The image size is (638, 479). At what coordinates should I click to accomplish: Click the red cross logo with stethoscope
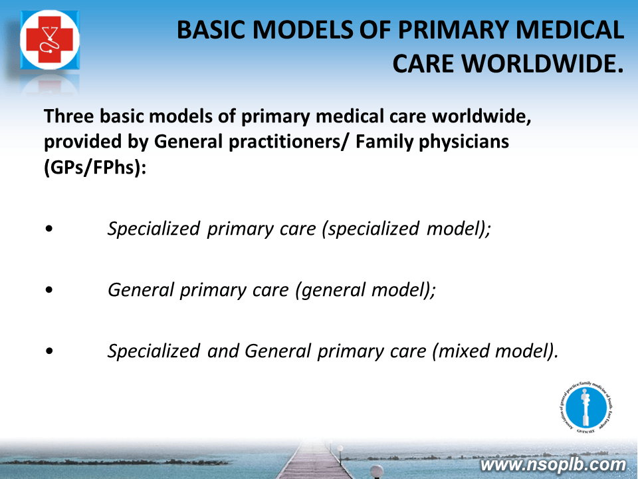pyautogui.click(x=50, y=40)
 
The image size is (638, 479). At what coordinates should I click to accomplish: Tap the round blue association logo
pyautogui.click(x=586, y=408)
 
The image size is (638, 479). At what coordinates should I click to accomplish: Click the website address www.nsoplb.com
pyautogui.click(x=553, y=465)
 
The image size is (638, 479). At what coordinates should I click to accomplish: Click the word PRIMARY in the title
pyautogui.click(x=453, y=30)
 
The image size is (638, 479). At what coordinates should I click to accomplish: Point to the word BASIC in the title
pyautogui.click(x=214, y=30)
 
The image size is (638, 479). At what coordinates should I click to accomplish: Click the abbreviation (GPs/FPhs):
pyautogui.click(x=95, y=168)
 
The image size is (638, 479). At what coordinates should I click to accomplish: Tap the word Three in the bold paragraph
pyautogui.click(x=69, y=116)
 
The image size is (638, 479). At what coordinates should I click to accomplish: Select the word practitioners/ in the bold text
pyautogui.click(x=289, y=142)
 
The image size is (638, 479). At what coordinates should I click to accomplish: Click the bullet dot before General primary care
pyautogui.click(x=49, y=290)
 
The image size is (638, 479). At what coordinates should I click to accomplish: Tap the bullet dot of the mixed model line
pyautogui.click(x=49, y=351)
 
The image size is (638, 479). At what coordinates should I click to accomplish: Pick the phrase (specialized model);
pyautogui.click(x=406, y=228)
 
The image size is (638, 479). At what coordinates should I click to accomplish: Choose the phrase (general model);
pyautogui.click(x=366, y=290)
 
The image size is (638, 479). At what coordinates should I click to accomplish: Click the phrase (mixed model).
pyautogui.click(x=494, y=351)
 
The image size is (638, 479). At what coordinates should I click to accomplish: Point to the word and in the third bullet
pyautogui.click(x=223, y=351)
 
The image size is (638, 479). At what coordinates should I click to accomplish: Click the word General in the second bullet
pyautogui.click(x=141, y=290)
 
